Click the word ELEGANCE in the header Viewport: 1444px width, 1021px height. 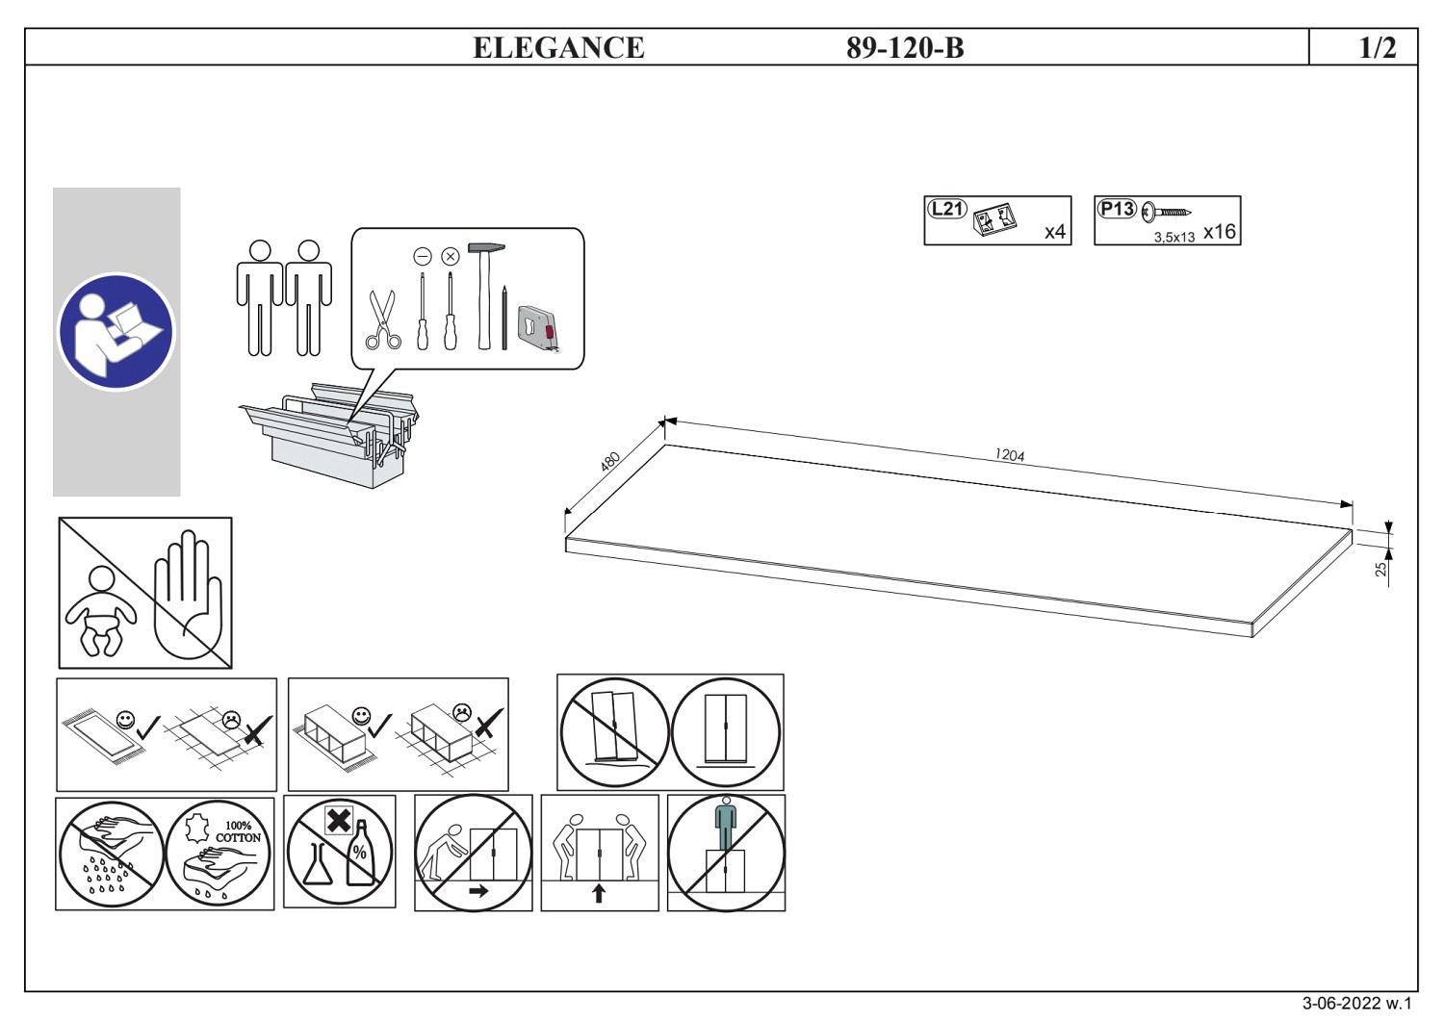[558, 47]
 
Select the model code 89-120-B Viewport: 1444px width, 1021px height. [905, 47]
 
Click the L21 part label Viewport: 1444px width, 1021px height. [946, 208]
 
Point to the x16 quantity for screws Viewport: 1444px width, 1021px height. [1219, 232]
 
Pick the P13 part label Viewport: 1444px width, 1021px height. [1117, 209]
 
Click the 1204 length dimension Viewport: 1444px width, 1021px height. [1010, 454]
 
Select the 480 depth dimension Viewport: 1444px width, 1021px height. [609, 461]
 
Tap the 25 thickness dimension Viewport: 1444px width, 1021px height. [1382, 569]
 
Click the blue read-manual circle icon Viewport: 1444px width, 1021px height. [116, 331]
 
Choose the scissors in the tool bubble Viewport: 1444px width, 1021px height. [383, 319]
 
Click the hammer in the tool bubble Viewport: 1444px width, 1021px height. [485, 294]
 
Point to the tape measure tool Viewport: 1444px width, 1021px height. [537, 327]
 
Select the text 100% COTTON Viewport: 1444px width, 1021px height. [238, 832]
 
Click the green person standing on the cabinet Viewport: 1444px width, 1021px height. [726, 823]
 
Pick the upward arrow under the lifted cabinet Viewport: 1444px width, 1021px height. [599, 894]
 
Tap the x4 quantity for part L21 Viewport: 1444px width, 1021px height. [1055, 232]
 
